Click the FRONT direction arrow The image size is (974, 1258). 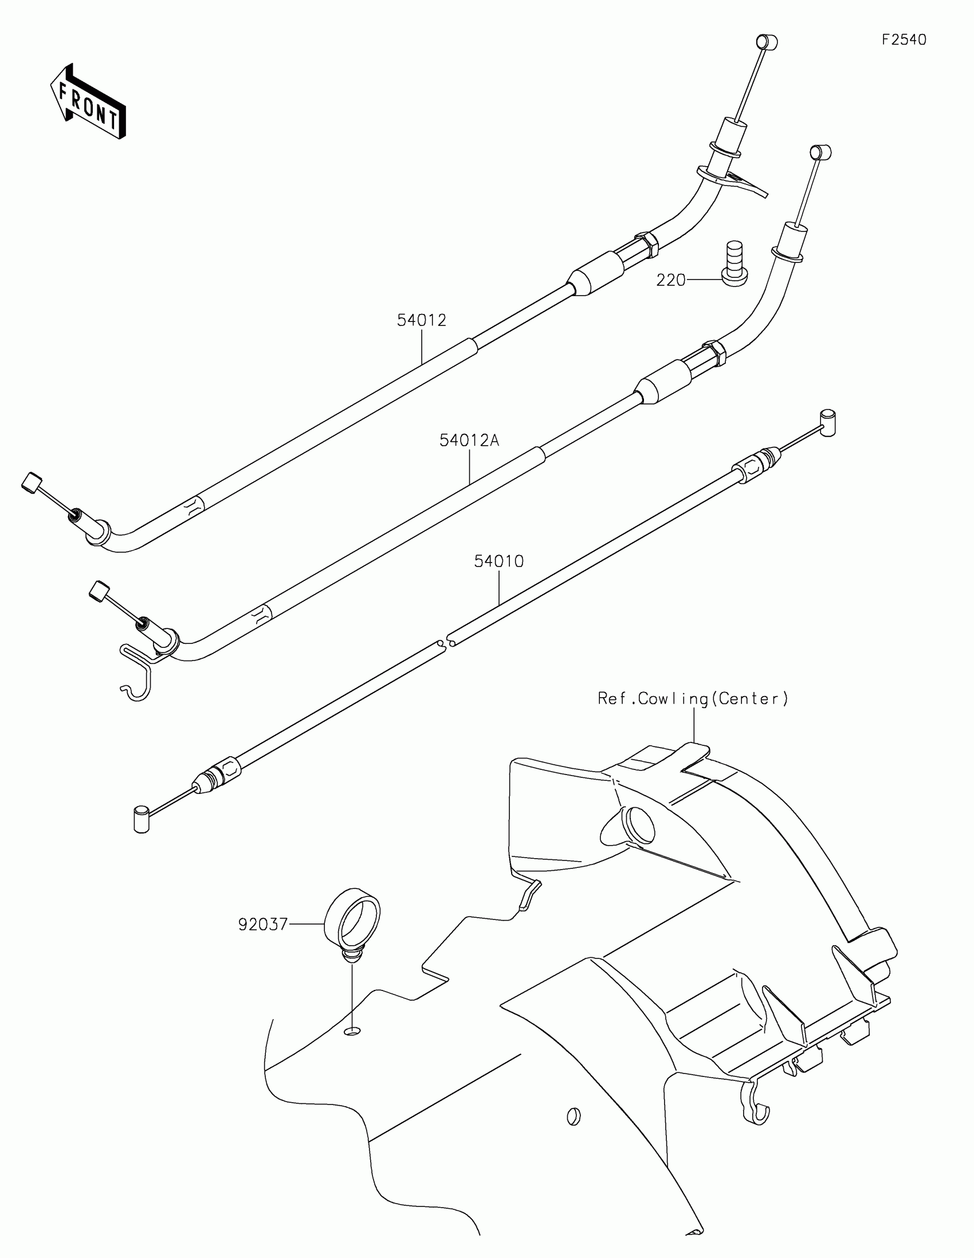coord(88,102)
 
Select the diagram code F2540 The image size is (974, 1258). coord(904,40)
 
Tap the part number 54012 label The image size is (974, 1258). coord(422,320)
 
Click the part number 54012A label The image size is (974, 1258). coord(469,441)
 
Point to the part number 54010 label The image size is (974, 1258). coord(499,561)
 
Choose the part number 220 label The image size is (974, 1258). coord(671,281)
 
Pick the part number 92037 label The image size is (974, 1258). coord(262,925)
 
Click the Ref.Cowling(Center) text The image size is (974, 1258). coord(693,699)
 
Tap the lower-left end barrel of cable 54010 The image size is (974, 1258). coord(141,820)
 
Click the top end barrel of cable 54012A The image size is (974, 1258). coord(821,152)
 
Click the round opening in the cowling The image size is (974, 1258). coord(639,825)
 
